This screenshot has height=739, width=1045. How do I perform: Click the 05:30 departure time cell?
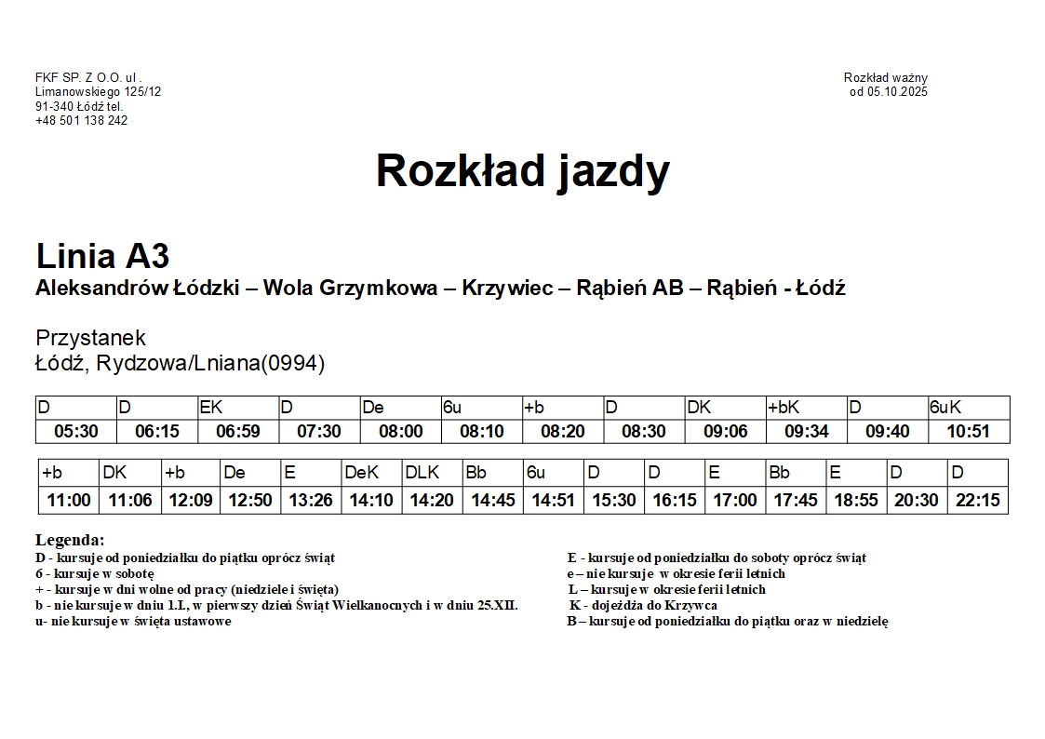tap(75, 432)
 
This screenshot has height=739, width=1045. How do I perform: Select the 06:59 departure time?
tap(237, 432)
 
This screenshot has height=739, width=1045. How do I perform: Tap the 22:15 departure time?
tap(977, 501)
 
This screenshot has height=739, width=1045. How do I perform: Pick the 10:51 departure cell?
tap(968, 432)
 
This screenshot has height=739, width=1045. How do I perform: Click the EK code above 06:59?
tap(211, 408)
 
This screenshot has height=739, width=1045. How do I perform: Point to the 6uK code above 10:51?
tap(946, 408)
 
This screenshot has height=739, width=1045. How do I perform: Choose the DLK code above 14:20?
tap(422, 473)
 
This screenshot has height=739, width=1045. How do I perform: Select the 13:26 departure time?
tap(311, 501)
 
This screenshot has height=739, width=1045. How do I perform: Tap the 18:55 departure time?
tap(856, 501)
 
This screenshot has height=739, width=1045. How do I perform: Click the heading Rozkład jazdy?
tap(522, 171)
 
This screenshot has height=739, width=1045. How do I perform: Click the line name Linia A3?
tap(102, 256)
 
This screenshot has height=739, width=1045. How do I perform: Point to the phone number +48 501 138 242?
tap(81, 120)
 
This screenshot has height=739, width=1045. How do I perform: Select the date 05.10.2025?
tap(895, 91)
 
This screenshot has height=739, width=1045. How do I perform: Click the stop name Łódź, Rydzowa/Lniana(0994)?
tap(180, 363)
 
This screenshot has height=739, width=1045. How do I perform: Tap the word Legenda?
tap(70, 540)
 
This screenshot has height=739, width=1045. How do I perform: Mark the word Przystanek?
tap(90, 338)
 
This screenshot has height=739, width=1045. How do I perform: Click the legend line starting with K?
tap(643, 605)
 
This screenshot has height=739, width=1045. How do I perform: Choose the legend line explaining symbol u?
tap(133, 621)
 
